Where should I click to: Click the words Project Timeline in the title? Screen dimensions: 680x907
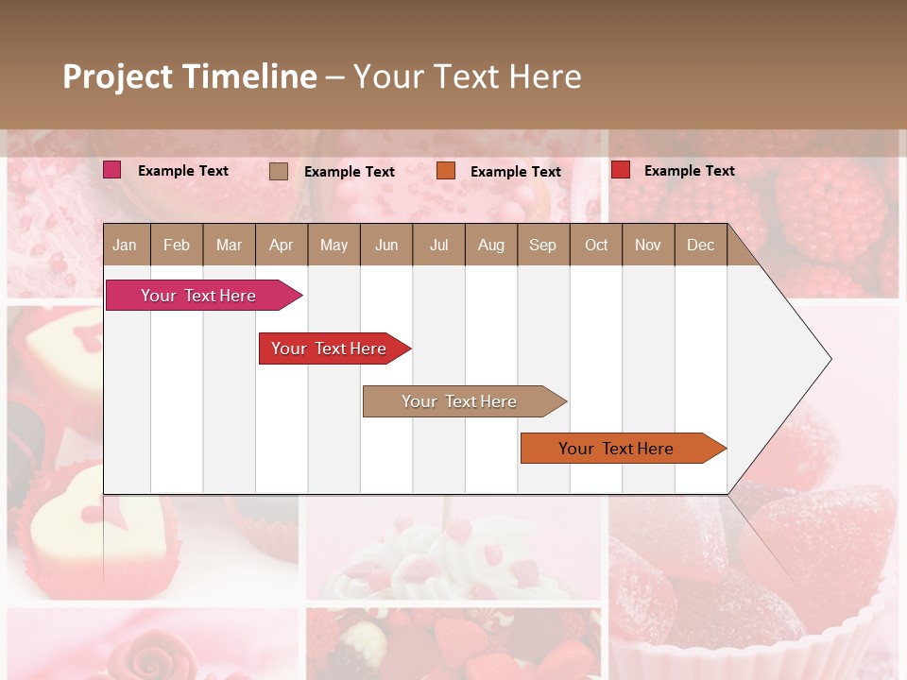[x=189, y=76]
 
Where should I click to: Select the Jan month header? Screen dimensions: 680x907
[x=125, y=245]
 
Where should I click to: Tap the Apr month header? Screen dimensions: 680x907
[x=281, y=245]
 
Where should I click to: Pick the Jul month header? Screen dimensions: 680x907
[x=438, y=245]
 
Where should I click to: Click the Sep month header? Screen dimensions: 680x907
[x=542, y=245]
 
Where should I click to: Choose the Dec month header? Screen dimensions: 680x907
[x=700, y=245]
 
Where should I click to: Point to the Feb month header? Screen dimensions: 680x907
[x=177, y=245]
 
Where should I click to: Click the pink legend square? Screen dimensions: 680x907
[x=112, y=170]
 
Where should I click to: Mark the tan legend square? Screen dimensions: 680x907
[x=279, y=171]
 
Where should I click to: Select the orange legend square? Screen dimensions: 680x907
[x=446, y=171]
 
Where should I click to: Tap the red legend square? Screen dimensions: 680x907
[x=621, y=170]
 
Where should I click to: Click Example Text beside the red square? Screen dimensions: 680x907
[x=689, y=171]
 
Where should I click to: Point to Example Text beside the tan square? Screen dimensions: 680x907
[x=349, y=172]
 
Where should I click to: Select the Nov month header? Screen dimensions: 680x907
[x=647, y=245]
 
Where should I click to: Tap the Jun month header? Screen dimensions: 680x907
[x=386, y=245]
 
